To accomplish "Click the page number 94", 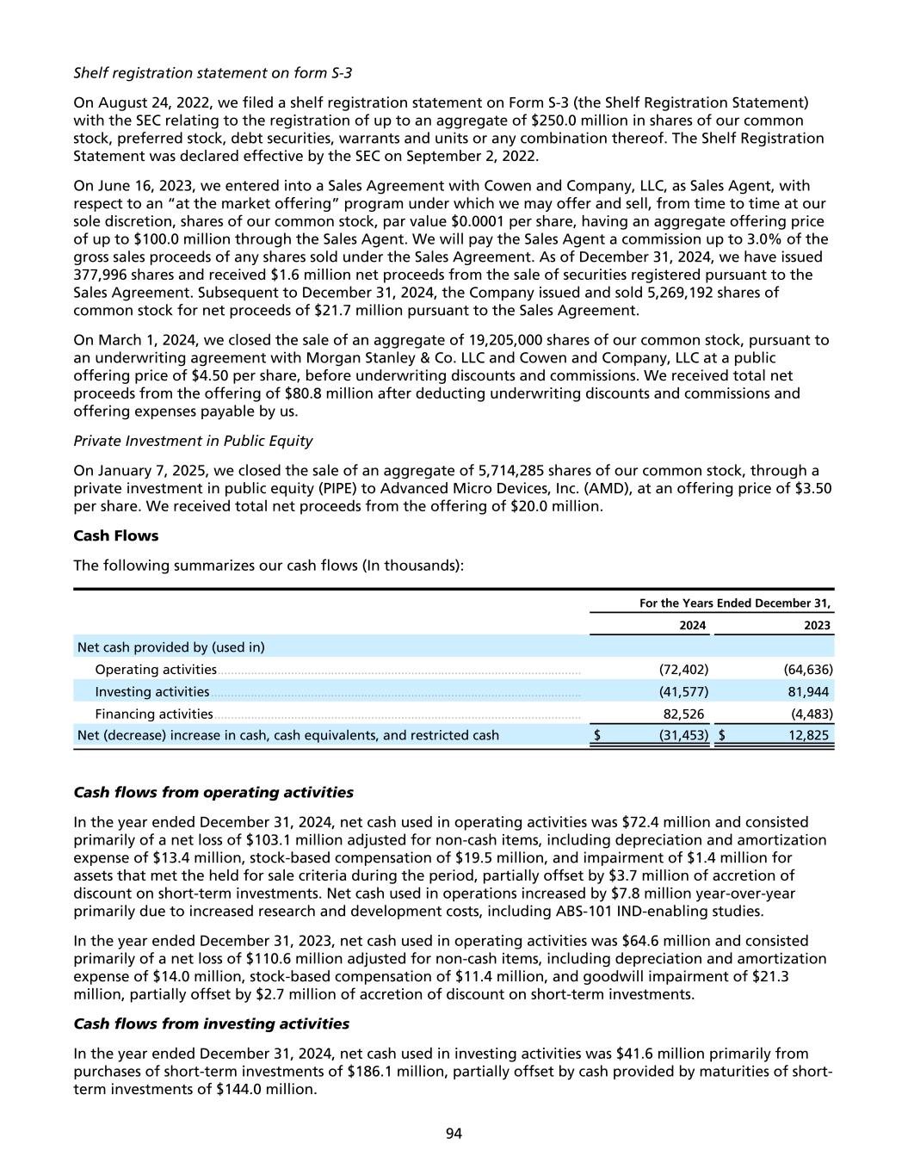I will [x=454, y=1134].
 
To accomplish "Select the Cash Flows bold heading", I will [x=116, y=535].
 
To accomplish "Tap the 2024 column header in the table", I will [x=693, y=626].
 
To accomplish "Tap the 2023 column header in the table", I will [x=817, y=626].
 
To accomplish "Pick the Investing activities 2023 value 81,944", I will [x=808, y=691].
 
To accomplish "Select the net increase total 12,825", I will [x=806, y=735].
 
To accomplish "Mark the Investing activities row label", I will [x=152, y=691].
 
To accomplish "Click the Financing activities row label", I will [x=154, y=714].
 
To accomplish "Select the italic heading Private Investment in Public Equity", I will [x=193, y=441].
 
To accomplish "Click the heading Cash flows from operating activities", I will [x=213, y=792].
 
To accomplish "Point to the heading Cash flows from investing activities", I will [x=212, y=1023].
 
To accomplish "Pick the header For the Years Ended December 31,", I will [x=735, y=603].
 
